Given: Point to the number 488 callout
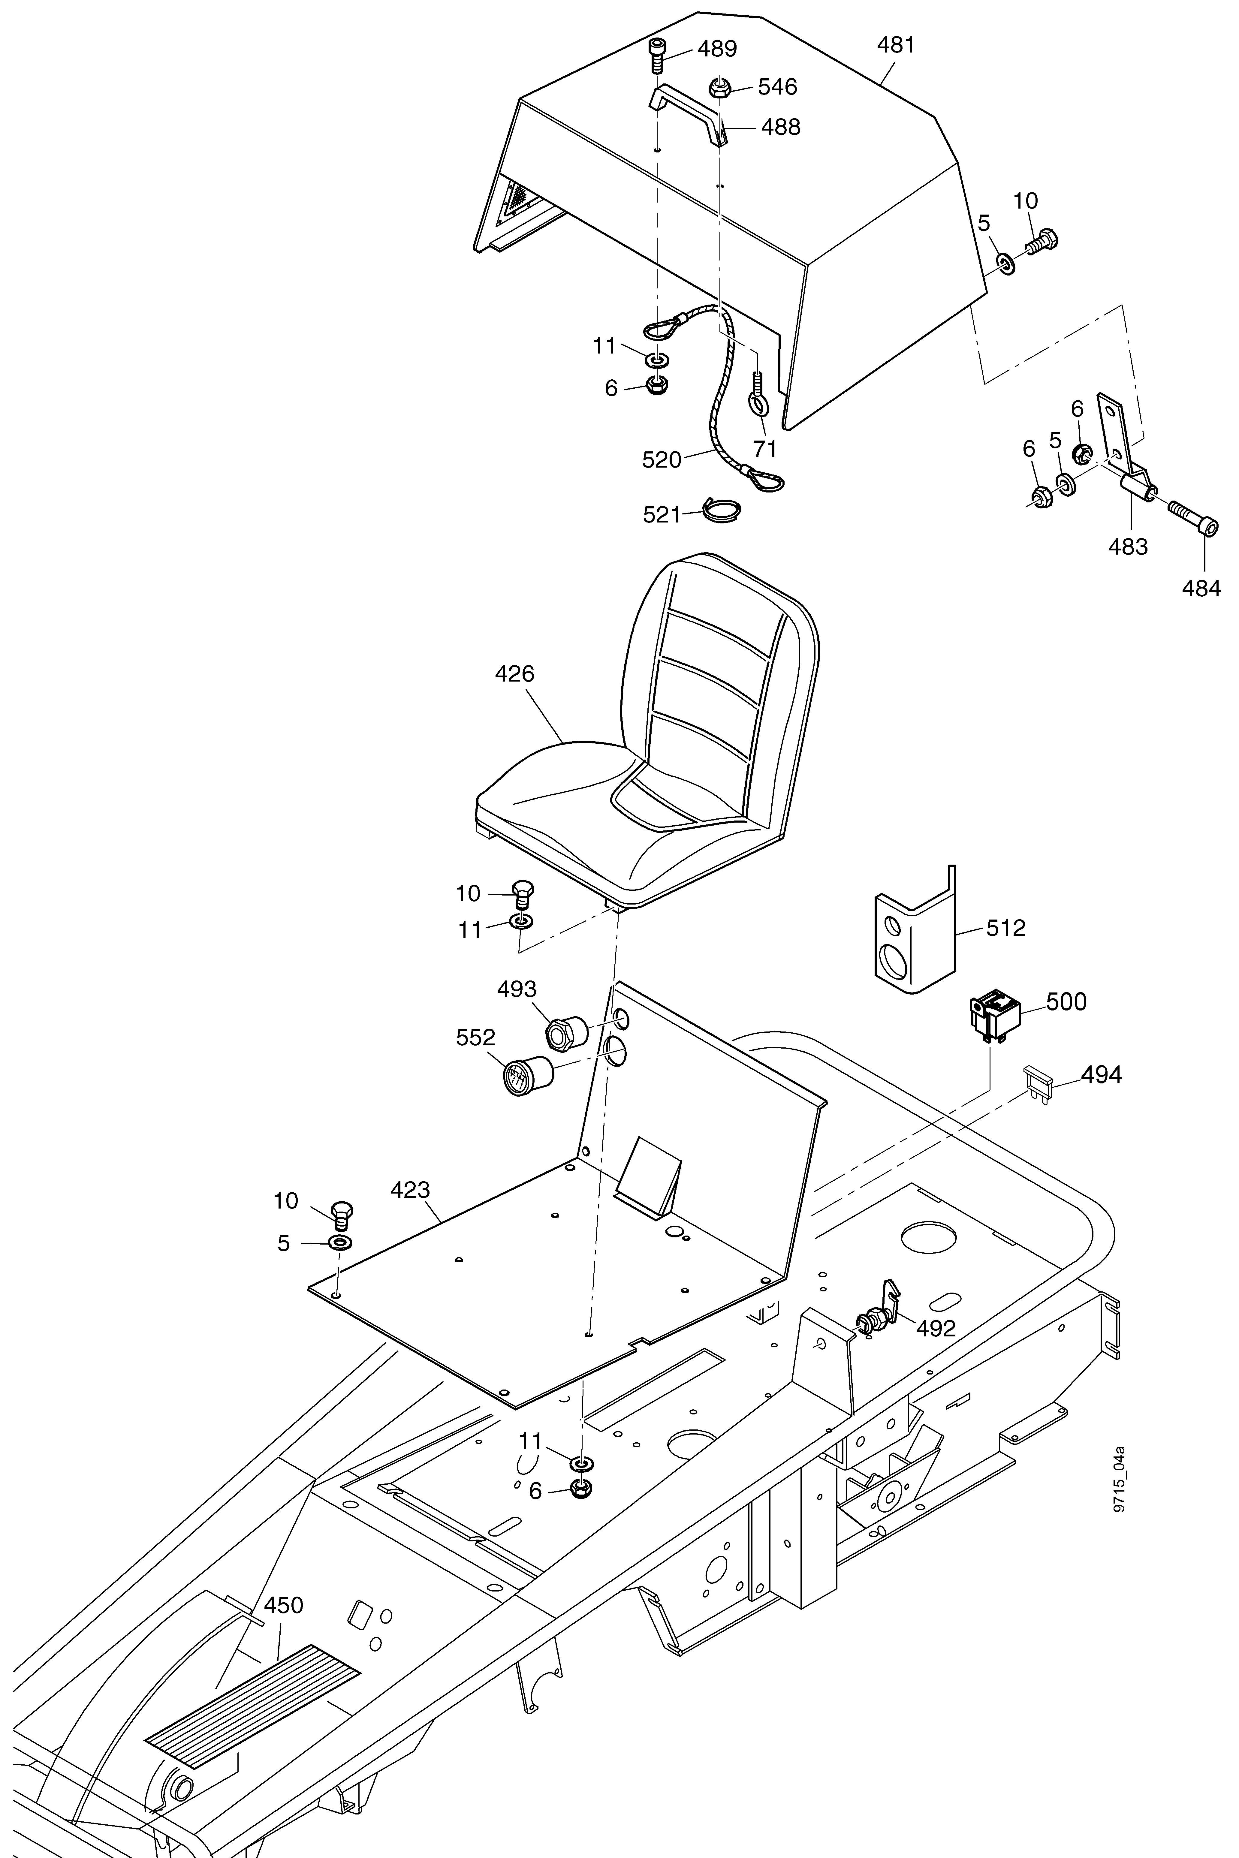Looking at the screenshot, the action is click(781, 127).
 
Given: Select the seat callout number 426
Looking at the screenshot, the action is click(514, 674).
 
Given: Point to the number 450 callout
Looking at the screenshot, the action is click(283, 1605).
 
